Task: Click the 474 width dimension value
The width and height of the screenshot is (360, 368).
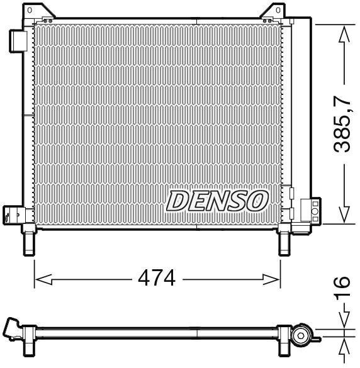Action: (x=156, y=277)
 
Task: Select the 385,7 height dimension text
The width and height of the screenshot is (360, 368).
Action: (x=342, y=123)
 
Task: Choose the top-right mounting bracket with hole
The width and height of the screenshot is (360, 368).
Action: (x=271, y=12)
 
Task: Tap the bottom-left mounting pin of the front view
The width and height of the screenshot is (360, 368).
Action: (x=30, y=242)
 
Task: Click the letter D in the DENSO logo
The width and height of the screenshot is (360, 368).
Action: (x=178, y=201)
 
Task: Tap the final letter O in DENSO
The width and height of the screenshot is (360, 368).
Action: (x=258, y=201)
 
